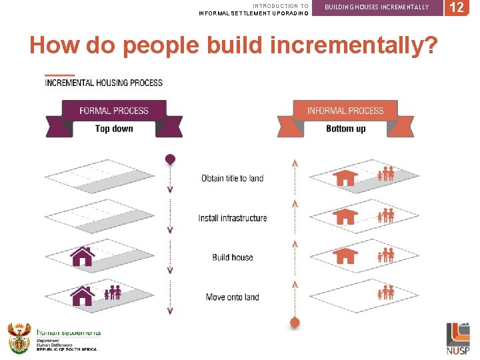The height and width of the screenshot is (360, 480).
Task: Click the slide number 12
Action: pyautogui.click(x=457, y=8)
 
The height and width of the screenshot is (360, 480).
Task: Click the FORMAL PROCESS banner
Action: pyautogui.click(x=114, y=110)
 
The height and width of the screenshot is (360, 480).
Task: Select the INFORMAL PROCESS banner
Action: pyautogui.click(x=345, y=110)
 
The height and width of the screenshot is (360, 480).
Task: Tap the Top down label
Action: pyautogui.click(x=114, y=129)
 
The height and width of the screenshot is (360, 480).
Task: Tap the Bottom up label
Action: pyautogui.click(x=345, y=129)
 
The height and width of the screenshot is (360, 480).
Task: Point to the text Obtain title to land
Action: pyautogui.click(x=233, y=178)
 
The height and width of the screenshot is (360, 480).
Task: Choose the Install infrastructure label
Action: pyautogui.click(x=233, y=218)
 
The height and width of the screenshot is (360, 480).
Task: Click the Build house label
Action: pyautogui.click(x=233, y=257)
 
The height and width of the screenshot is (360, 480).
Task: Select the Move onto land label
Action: pyautogui.click(x=233, y=297)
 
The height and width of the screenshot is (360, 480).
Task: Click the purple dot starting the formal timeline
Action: pyautogui.click(x=170, y=159)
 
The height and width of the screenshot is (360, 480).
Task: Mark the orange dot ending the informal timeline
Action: pyautogui.click(x=295, y=323)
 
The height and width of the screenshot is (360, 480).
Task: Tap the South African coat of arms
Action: pyautogui.click(x=19, y=338)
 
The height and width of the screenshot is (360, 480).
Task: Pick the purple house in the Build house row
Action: pyautogui.click(x=82, y=257)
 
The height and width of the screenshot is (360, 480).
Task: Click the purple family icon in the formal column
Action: pyautogui.click(x=113, y=293)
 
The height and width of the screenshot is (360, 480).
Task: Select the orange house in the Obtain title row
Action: pyautogui.click(x=345, y=177)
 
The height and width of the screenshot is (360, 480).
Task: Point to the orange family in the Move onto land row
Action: pyautogui.click(x=386, y=293)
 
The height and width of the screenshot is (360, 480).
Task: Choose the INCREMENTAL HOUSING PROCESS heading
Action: pyautogui.click(x=103, y=83)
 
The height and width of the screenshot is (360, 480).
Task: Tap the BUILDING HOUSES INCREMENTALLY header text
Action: pyautogui.click(x=377, y=7)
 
